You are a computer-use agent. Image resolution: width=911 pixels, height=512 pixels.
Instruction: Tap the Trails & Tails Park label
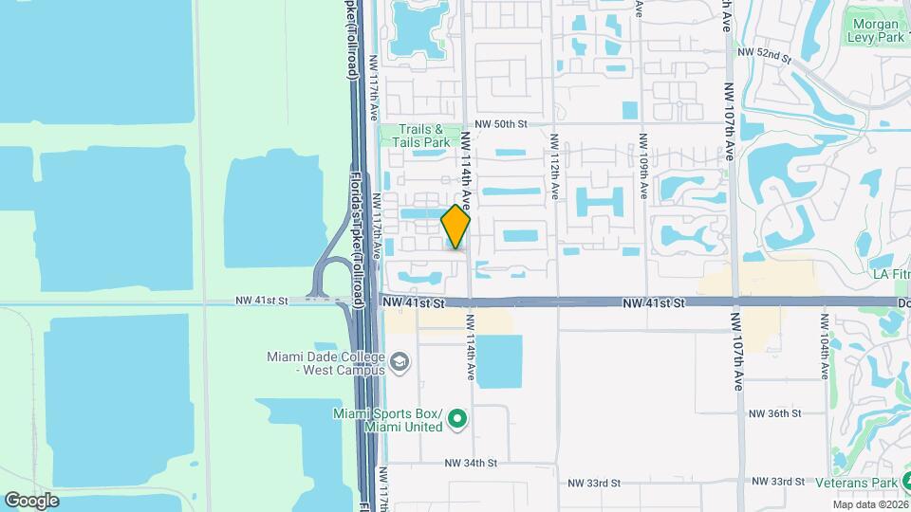tap(423, 136)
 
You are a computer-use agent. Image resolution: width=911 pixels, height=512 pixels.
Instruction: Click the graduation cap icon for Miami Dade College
tap(400, 361)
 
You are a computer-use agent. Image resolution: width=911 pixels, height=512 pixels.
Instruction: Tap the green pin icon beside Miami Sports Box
tap(456, 417)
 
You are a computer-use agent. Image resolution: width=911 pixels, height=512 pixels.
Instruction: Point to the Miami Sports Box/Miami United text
tap(387, 420)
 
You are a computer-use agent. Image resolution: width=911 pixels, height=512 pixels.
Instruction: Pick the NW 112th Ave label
tap(553, 165)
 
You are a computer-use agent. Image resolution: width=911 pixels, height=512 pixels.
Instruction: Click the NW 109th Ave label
tap(643, 165)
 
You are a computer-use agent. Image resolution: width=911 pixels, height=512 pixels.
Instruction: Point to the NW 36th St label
tap(775, 413)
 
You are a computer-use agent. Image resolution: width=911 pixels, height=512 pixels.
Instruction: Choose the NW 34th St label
tap(472, 464)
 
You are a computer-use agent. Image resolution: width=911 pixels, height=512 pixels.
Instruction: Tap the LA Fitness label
tap(890, 274)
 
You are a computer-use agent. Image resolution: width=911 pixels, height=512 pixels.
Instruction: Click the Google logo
tap(31, 500)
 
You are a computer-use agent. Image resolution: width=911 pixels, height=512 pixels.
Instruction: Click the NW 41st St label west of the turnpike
tap(262, 301)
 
